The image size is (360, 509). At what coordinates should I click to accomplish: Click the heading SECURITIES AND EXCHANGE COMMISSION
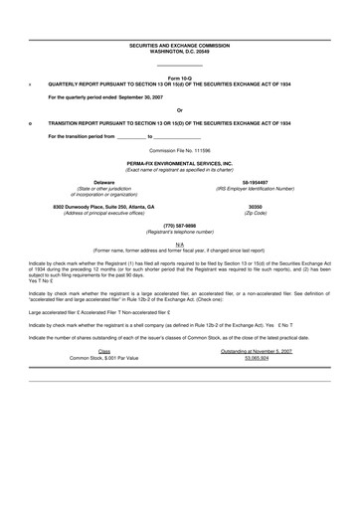pyautogui.click(x=180, y=45)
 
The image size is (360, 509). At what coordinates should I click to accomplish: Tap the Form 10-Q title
pyautogui.click(x=180, y=77)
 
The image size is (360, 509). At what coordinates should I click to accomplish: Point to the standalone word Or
pyautogui.click(x=179, y=108)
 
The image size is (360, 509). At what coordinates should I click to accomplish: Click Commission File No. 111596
pyautogui.click(x=180, y=148)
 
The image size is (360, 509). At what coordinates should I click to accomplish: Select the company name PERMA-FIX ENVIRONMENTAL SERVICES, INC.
pyautogui.click(x=180, y=161)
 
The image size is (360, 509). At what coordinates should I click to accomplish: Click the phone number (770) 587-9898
pyautogui.click(x=180, y=225)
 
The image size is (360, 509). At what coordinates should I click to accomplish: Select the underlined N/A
pyautogui.click(x=180, y=244)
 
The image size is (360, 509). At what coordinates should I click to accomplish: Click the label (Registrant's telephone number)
pyautogui.click(x=180, y=231)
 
